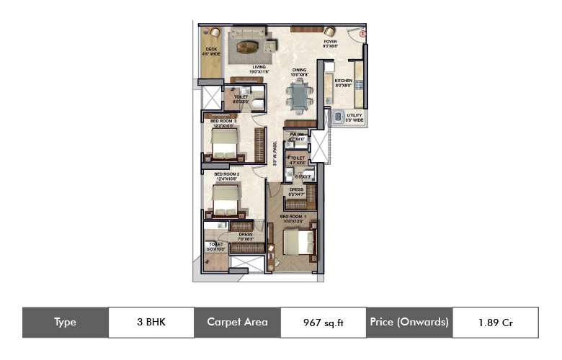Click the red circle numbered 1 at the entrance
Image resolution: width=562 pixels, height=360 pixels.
click(x=363, y=34)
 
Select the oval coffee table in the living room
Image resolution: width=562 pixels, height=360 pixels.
click(x=248, y=48)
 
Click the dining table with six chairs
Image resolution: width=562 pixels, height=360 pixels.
click(x=298, y=94)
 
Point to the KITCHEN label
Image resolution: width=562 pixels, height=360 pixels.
click(x=343, y=81)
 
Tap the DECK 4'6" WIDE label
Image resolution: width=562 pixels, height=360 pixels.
click(x=211, y=52)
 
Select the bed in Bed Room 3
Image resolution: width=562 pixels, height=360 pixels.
click(x=223, y=143)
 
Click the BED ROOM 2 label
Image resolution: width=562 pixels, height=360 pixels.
click(x=226, y=174)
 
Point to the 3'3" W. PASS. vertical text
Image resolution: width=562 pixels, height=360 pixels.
click(x=275, y=155)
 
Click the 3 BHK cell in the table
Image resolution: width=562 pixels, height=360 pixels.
click(x=151, y=322)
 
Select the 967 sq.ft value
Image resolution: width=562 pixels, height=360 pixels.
click(x=324, y=323)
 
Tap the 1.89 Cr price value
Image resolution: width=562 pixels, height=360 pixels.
click(x=494, y=322)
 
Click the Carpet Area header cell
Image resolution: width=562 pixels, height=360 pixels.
click(x=237, y=322)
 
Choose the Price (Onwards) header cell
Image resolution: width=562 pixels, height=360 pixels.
click(x=409, y=322)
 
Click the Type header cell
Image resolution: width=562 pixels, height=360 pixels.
click(x=65, y=322)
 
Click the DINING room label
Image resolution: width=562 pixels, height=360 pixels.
click(x=299, y=71)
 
